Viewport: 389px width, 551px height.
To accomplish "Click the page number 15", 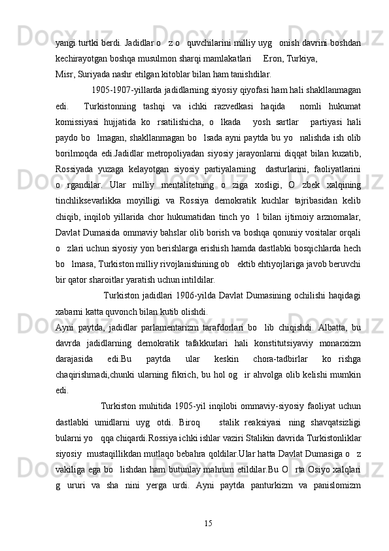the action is [x=208, y=522].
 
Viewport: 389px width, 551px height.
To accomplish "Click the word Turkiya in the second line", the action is [x=301, y=58].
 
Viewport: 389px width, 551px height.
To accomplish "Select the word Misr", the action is [x=64, y=74].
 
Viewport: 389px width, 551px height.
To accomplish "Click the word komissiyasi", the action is [x=77, y=123].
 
